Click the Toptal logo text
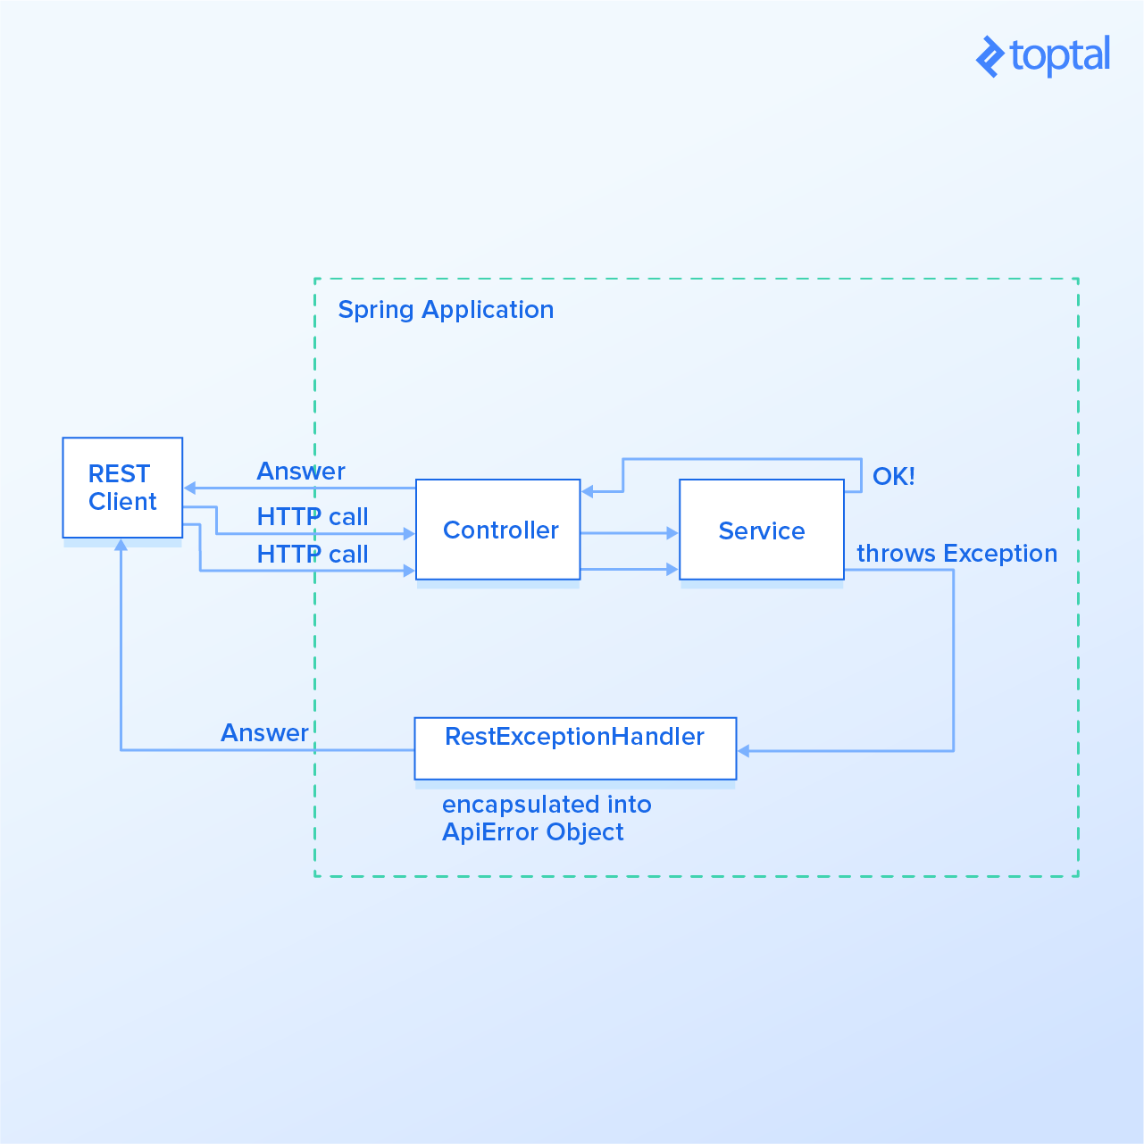(1060, 56)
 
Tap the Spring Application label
(446, 310)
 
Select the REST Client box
(122, 488)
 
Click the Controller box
(497, 530)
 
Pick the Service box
(761, 530)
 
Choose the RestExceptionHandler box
(575, 748)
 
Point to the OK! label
(893, 476)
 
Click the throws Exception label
(956, 554)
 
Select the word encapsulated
(521, 805)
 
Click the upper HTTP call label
(313, 517)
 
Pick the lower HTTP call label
(313, 555)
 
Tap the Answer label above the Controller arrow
(301, 472)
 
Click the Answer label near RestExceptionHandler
(264, 733)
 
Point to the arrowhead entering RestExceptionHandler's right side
(744, 751)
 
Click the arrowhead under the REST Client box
(121, 545)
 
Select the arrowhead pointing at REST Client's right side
(189, 488)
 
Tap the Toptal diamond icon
(990, 57)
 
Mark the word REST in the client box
(119, 473)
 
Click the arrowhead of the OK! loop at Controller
(587, 491)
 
